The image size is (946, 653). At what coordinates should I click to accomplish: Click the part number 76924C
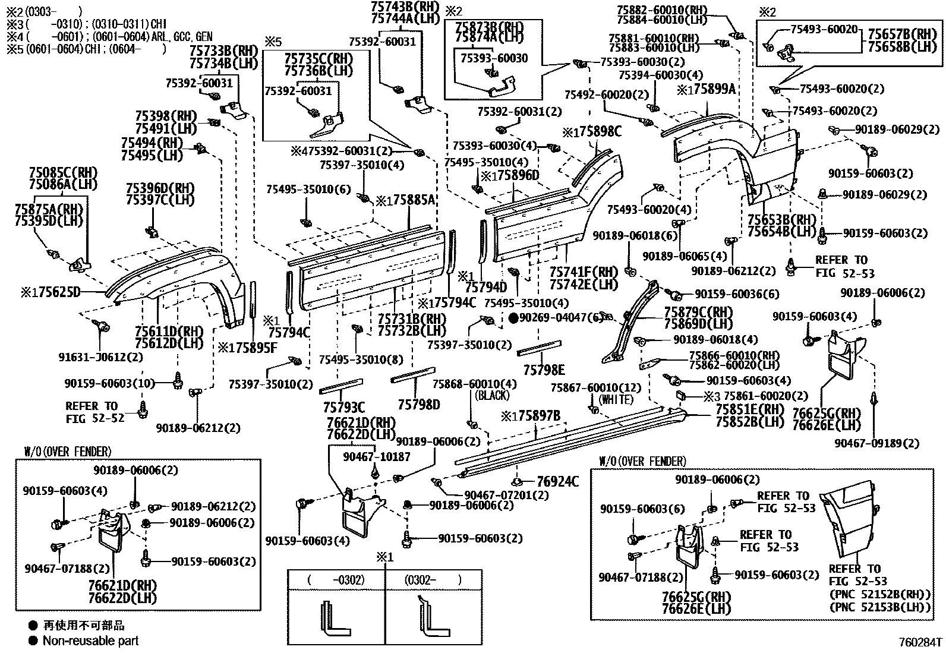point(557,481)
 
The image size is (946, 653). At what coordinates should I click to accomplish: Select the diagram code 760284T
point(920,642)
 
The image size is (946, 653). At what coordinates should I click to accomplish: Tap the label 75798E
point(544,370)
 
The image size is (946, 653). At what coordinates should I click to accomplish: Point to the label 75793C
point(343,407)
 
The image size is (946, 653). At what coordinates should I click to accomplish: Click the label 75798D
point(418,405)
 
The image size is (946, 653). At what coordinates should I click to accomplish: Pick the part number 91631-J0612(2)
point(100,357)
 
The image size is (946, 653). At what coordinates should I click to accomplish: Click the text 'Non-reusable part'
point(90,641)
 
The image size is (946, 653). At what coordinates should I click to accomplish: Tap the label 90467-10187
point(376,456)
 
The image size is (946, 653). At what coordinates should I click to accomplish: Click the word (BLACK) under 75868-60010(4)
point(492,395)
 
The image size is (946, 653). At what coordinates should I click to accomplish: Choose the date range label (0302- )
point(433,579)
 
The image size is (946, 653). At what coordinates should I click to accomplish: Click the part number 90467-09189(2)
point(876,443)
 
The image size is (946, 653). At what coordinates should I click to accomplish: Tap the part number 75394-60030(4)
point(660,75)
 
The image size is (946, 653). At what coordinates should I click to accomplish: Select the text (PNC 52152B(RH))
point(880,594)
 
